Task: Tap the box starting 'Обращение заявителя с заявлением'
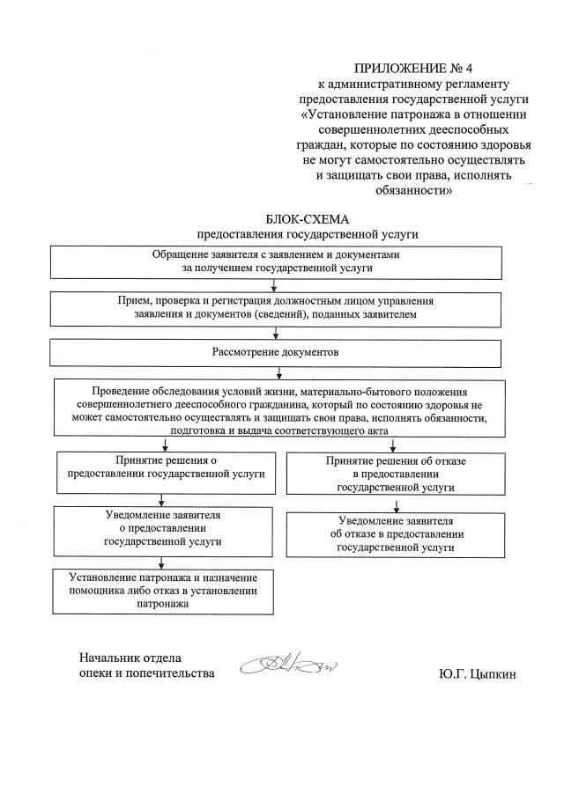[278, 261]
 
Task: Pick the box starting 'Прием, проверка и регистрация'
[276, 307]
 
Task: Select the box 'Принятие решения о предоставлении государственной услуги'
[166, 467]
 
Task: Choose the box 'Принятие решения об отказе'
[396, 474]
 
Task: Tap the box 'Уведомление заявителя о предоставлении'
[162, 528]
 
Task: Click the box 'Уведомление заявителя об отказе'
[396, 533]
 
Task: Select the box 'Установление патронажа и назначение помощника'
[162, 591]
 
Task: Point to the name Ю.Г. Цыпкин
[477, 675]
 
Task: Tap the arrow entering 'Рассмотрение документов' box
[278, 334]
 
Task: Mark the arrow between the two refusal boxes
[396, 504]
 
